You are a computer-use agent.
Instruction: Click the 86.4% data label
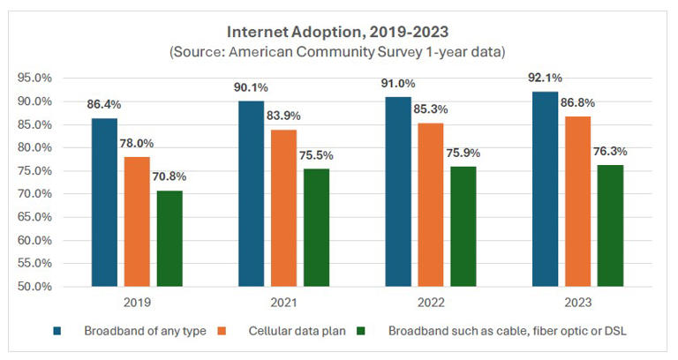(x=103, y=104)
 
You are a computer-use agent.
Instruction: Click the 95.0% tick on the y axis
(x=35, y=78)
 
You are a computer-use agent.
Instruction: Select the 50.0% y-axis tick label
(x=35, y=287)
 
